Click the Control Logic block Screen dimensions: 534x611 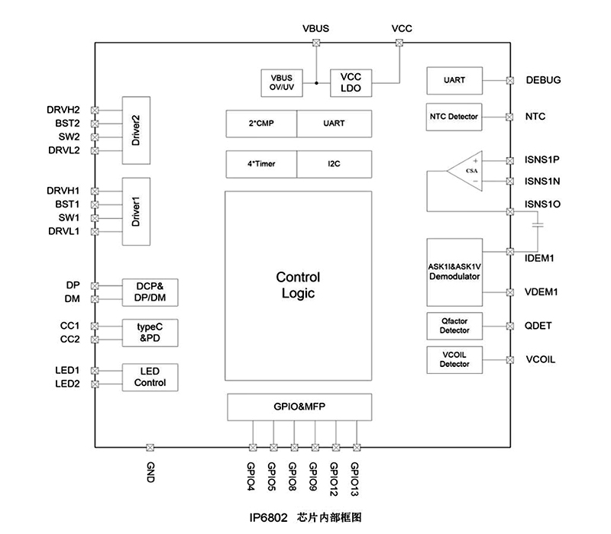coord(298,285)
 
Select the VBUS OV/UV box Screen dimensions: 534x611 coord(281,82)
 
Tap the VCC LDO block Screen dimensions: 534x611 coord(351,82)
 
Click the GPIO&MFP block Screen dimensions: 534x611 coord(299,407)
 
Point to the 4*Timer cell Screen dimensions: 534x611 coord(261,164)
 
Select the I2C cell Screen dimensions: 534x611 coord(334,164)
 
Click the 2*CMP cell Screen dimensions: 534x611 coord(261,123)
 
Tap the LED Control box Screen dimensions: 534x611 coord(150,377)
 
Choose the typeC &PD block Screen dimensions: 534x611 coord(150,332)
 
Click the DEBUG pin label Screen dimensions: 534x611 coord(543,80)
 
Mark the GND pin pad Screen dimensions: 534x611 coord(150,447)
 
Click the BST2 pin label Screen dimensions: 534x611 coord(68,123)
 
